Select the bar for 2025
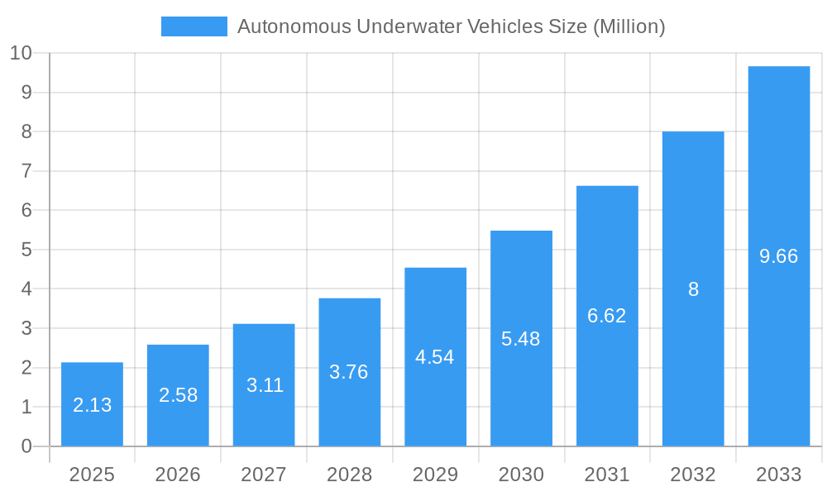coord(92,404)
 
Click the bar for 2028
coord(350,372)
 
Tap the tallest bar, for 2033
coord(779,256)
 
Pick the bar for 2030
coord(521,338)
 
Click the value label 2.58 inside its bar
coord(178,395)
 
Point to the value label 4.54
coord(435,357)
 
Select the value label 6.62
coord(607,316)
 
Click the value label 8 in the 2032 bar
coord(693,289)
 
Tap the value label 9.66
coord(779,256)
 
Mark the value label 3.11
coord(264,385)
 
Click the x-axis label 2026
coord(178,475)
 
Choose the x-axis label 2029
coord(435,475)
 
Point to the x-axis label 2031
coord(607,475)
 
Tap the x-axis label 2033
coord(779,475)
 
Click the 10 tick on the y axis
coord(21,53)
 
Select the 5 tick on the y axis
coord(26,250)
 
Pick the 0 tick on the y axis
coord(26,446)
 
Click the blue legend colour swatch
coord(194,26)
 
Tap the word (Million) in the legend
coord(629,26)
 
